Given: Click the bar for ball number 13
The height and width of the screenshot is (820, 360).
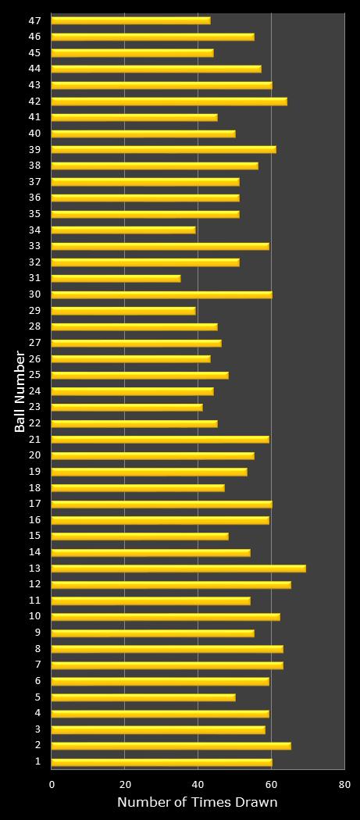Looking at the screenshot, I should click(x=178, y=569).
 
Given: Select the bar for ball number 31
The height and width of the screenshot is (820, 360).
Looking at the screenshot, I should click(x=116, y=278).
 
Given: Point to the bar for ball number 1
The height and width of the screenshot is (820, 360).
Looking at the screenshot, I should click(x=162, y=762).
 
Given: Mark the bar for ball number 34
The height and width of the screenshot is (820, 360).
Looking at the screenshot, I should click(x=123, y=230).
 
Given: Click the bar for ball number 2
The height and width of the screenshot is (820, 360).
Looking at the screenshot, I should click(x=171, y=746).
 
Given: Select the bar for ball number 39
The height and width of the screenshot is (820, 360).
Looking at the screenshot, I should click(x=163, y=149).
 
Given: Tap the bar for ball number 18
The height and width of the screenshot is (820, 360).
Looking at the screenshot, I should click(x=137, y=488).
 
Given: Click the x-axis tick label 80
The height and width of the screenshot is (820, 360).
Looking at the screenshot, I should click(x=344, y=784).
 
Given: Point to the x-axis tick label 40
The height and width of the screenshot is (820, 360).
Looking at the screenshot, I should click(x=198, y=784).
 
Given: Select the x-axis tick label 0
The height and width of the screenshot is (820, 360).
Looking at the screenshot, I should click(x=52, y=784).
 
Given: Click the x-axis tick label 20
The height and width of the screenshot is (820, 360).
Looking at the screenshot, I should click(x=125, y=784).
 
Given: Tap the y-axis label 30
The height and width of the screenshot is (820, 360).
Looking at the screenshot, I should click(x=35, y=294).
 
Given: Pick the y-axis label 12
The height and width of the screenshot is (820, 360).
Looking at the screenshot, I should click(x=35, y=585).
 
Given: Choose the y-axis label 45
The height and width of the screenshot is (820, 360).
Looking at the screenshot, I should click(x=35, y=52).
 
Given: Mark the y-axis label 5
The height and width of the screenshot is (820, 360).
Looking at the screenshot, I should click(x=38, y=697).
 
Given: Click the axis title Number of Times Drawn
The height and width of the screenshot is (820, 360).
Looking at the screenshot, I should click(x=198, y=803).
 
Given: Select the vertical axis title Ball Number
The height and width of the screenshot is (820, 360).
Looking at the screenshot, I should click(x=20, y=391).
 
